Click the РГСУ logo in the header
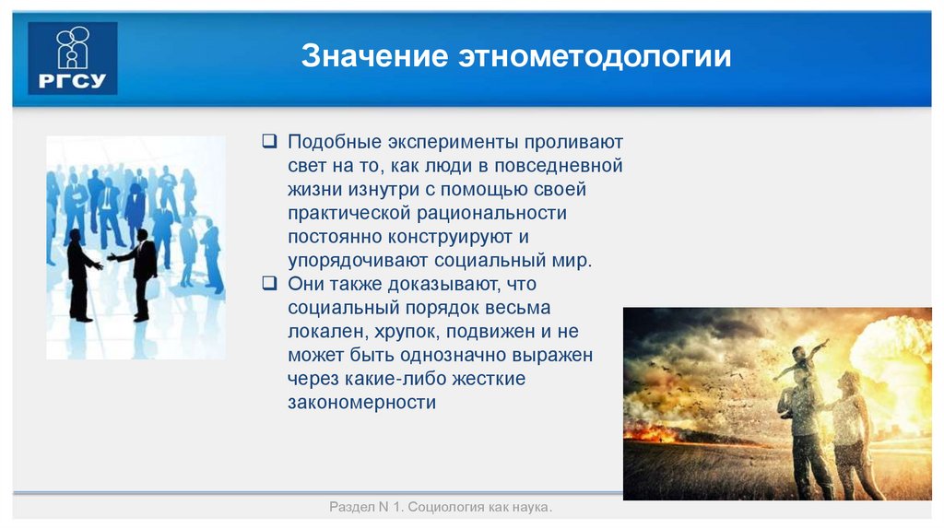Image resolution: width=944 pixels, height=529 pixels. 72,58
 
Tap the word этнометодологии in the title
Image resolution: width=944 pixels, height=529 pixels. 594,56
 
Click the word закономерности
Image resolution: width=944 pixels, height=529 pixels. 361,402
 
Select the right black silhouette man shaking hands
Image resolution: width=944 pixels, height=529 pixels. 143,272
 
